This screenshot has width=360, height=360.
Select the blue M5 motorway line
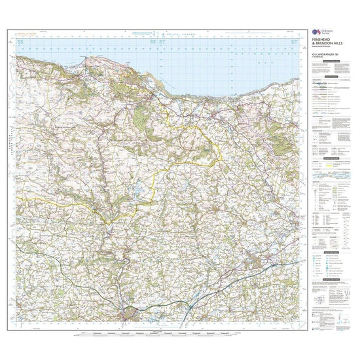click(x=216, y=288)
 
